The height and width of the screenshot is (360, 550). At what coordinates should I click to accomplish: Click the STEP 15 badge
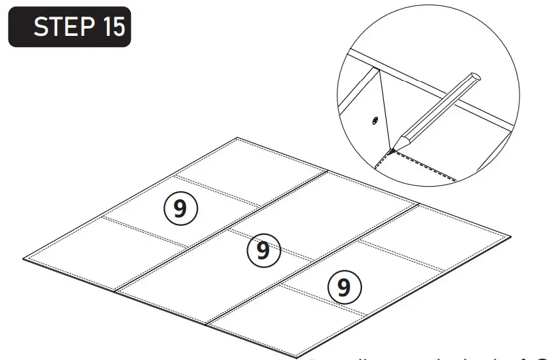coord(69,27)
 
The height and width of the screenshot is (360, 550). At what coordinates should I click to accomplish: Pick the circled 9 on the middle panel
coord(263,250)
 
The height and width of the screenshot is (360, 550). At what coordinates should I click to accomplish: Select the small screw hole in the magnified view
coord(375,120)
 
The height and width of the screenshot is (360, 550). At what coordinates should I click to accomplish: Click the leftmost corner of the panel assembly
coord(24,258)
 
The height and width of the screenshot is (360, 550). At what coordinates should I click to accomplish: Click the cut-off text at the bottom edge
coord(425,357)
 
